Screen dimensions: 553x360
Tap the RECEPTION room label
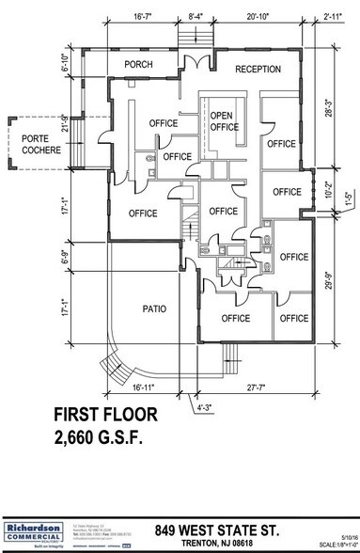point(258,69)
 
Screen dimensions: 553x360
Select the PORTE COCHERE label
point(29,144)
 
